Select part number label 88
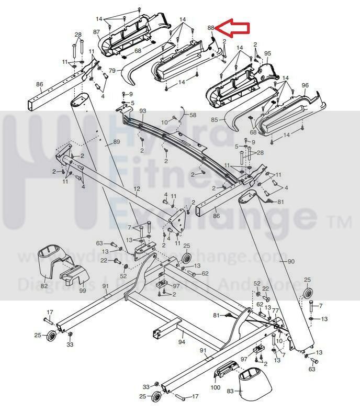point(211,27)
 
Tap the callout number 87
point(96,32)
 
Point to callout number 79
point(112,70)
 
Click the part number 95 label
point(267,54)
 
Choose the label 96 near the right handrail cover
point(305,85)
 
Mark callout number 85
point(215,119)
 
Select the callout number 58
point(193,115)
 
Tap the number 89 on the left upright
point(116,142)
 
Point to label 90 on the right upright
point(291,261)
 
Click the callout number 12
point(137,189)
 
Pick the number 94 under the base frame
point(182,341)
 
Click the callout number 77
point(275,310)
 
